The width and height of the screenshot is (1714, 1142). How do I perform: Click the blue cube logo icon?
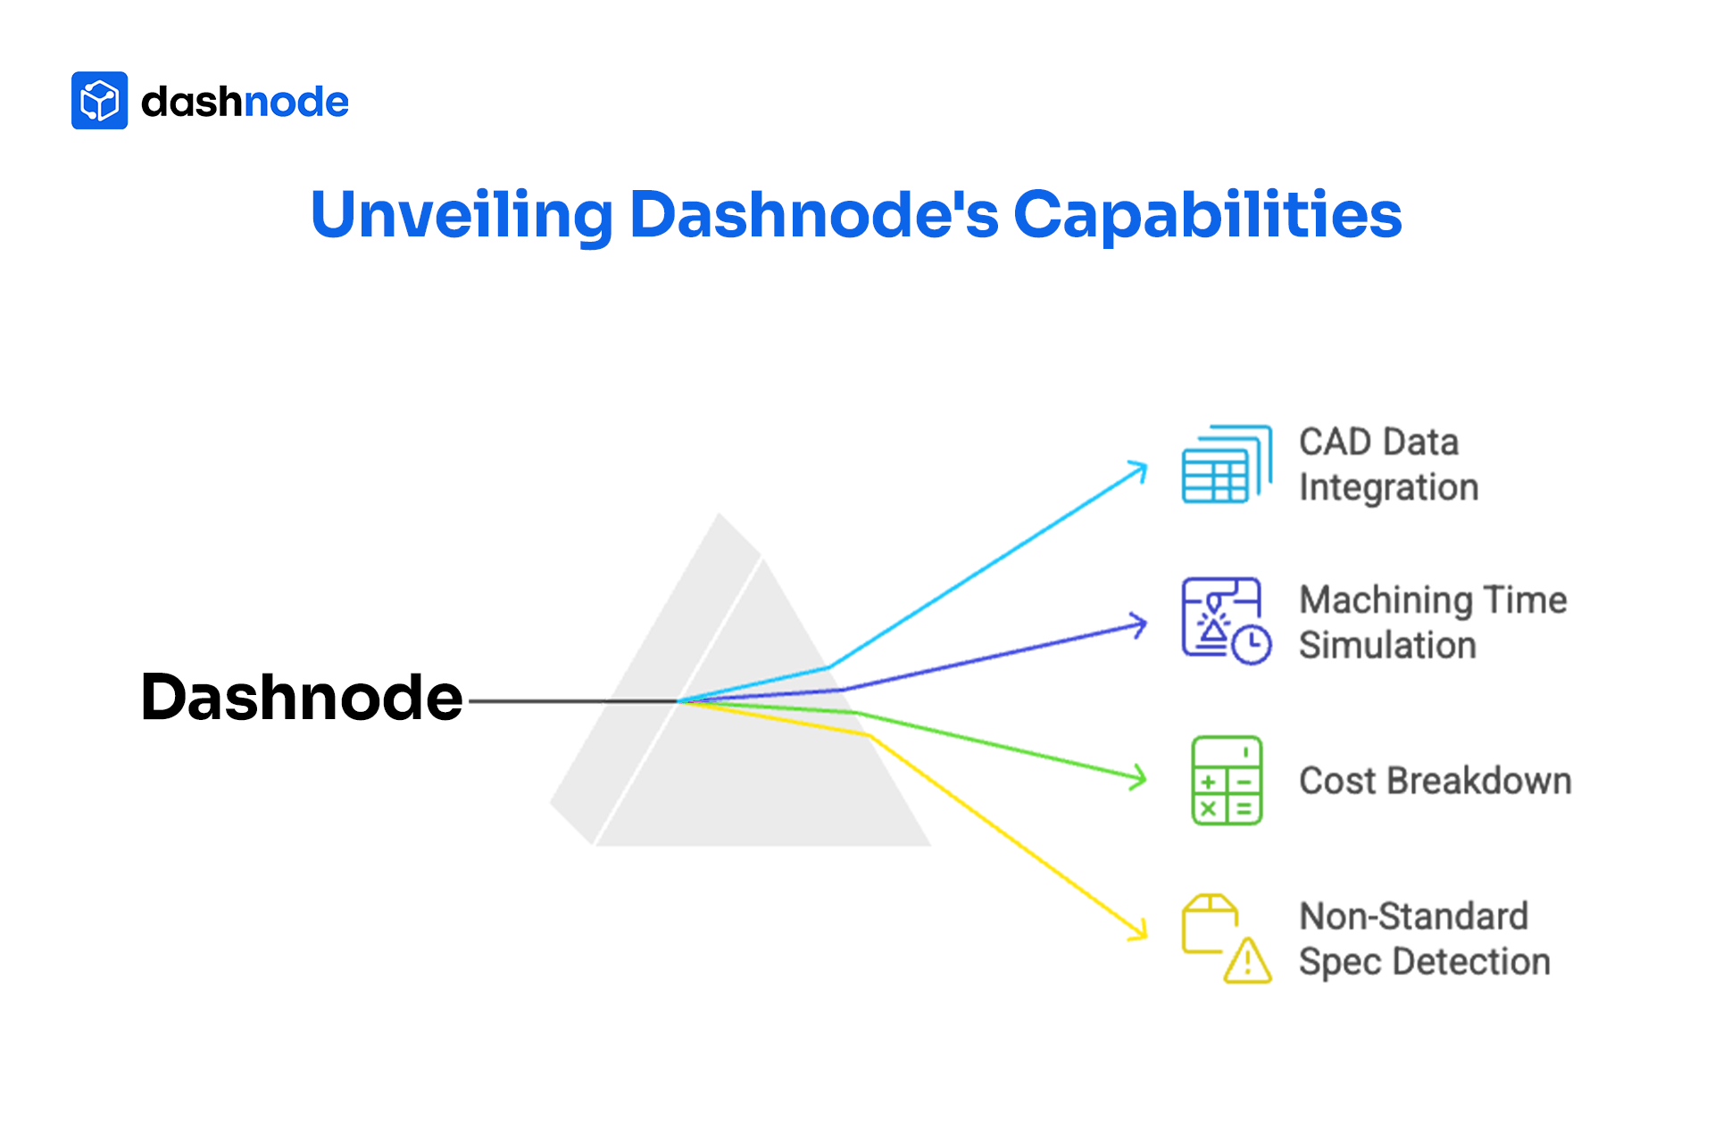(x=99, y=101)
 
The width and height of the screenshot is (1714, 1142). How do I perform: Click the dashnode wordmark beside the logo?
(x=245, y=102)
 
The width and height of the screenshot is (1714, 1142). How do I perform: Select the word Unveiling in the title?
(x=462, y=215)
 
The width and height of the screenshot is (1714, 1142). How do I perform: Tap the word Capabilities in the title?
(x=1207, y=215)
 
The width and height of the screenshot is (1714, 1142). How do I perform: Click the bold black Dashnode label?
(x=302, y=697)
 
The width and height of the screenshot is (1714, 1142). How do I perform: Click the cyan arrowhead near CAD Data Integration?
(x=1138, y=470)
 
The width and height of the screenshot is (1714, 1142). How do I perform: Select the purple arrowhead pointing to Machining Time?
(x=1138, y=624)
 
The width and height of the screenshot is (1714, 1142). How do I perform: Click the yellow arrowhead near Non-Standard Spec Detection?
(x=1138, y=930)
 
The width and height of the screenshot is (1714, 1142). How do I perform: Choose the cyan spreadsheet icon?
(x=1226, y=464)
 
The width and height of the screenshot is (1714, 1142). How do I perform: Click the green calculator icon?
(x=1227, y=780)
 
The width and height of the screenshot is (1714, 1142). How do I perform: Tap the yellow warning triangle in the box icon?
(x=1247, y=962)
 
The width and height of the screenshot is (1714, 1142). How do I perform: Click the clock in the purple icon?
(x=1252, y=643)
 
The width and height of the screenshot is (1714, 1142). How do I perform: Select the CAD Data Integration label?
(x=1388, y=465)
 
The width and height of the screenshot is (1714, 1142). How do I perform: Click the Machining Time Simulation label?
(x=1432, y=623)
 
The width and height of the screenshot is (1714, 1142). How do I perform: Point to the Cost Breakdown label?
(x=1435, y=781)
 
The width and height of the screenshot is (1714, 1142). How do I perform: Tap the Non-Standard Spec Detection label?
(x=1424, y=939)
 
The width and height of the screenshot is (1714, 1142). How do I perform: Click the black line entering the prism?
(x=571, y=701)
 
